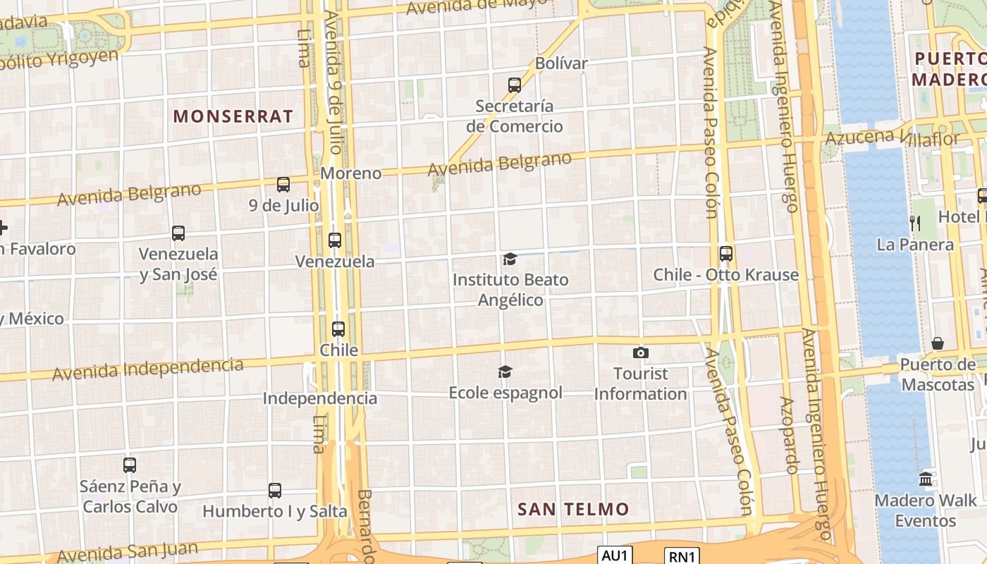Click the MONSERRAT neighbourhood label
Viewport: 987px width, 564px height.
[233, 116]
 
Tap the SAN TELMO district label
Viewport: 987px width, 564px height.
[573, 509]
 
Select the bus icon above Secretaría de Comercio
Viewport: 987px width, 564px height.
[515, 85]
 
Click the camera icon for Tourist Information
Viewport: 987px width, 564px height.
[640, 352]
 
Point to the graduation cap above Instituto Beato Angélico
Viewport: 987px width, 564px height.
[510, 259]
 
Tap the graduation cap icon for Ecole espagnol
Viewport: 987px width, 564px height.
[505, 372]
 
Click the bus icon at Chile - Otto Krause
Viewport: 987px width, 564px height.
[726, 254]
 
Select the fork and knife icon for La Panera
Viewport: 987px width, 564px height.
[915, 224]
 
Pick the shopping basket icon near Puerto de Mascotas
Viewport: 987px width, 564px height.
[938, 344]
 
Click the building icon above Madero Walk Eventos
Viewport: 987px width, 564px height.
[926, 479]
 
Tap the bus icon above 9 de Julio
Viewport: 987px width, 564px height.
[283, 185]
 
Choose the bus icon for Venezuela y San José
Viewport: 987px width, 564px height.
[178, 233]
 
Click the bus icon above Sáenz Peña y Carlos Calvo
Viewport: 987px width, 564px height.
[130, 465]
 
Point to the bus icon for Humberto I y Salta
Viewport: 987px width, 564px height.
[275, 491]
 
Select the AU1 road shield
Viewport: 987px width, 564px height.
[615, 556]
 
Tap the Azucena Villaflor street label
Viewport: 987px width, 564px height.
[891, 137]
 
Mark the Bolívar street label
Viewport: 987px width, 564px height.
[561, 63]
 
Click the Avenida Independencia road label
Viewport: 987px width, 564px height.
[148, 369]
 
